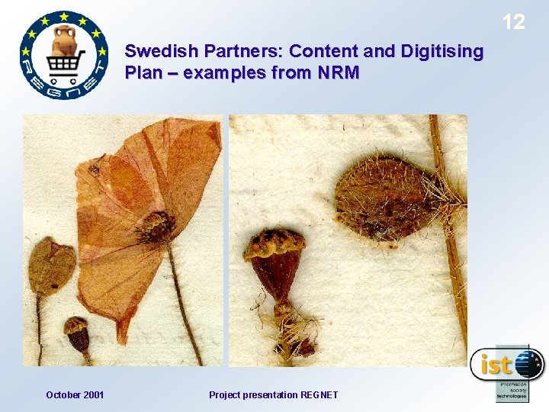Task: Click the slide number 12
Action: click(x=513, y=22)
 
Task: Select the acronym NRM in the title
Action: click(x=335, y=74)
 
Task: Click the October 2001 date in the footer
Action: click(x=75, y=394)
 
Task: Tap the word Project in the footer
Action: click(x=226, y=394)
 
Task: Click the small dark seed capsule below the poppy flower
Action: click(x=77, y=335)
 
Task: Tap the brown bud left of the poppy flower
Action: click(x=50, y=265)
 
